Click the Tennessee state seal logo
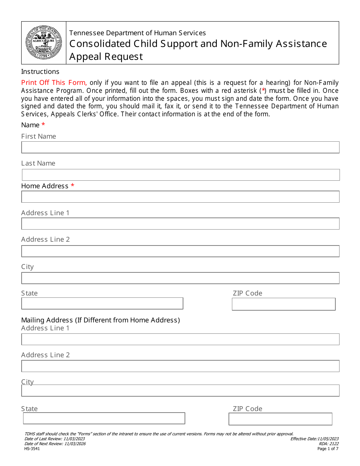coord(44,43)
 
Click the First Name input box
coord(180,147)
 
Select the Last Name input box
coord(181,175)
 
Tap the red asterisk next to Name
coord(43,125)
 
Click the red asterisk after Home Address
coord(72,186)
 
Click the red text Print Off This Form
coord(54,83)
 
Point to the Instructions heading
coord(40,72)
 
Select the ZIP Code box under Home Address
coord(283,304)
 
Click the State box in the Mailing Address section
coord(104,418)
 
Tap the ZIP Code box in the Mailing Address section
coord(280,419)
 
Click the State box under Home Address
coord(102,303)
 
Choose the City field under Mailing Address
coord(180,391)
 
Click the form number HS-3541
coord(32,449)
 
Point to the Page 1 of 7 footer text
coord(328,449)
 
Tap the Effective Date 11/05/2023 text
coord(315,439)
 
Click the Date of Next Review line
coord(55,444)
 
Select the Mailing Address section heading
coord(100,320)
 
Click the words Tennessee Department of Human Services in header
coord(138,33)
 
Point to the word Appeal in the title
coord(85,56)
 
